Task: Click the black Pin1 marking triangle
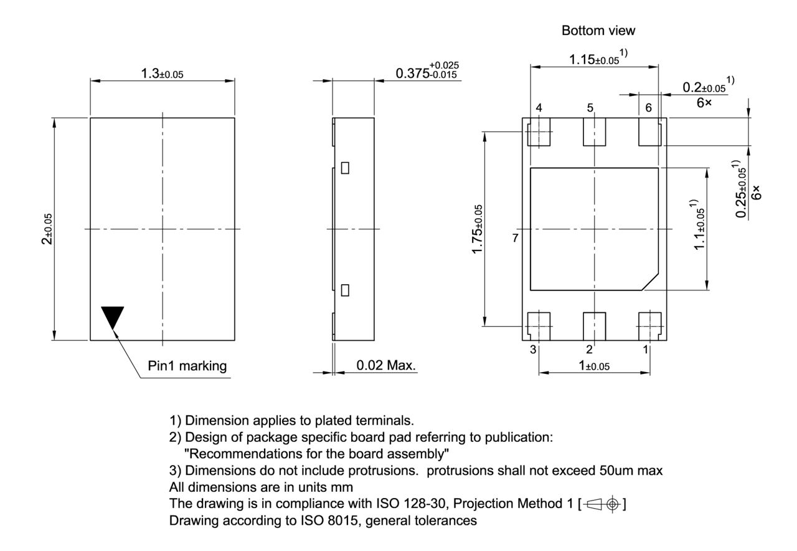[x=113, y=315]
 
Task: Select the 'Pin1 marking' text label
[x=187, y=366]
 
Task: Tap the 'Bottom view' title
[x=598, y=30]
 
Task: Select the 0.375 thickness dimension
[x=427, y=70]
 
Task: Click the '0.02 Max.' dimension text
[x=386, y=365]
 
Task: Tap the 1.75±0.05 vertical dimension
[x=476, y=229]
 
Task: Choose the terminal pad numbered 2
[x=594, y=325]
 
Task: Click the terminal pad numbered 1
[x=650, y=325]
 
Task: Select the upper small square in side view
[x=345, y=168]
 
